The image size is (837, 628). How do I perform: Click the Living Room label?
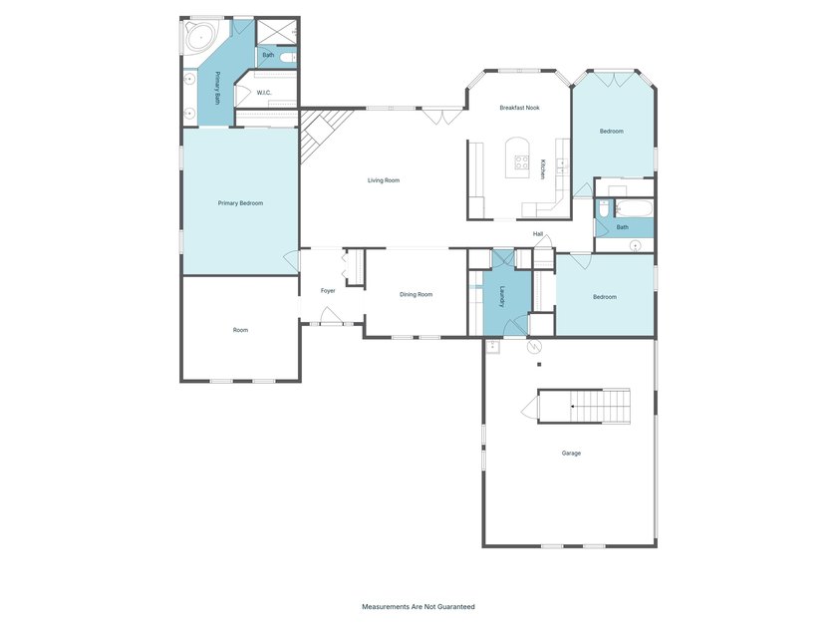(x=384, y=180)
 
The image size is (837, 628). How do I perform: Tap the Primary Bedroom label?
(x=240, y=203)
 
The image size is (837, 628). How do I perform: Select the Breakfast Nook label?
(x=519, y=108)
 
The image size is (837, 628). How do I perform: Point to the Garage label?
(x=571, y=454)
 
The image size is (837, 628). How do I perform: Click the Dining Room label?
(x=416, y=295)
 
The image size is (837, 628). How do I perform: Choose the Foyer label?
(x=328, y=291)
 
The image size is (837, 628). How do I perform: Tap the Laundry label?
(x=502, y=297)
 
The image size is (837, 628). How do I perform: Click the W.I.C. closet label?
(x=264, y=93)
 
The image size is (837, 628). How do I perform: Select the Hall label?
(x=538, y=234)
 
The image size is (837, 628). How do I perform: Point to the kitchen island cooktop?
(x=521, y=161)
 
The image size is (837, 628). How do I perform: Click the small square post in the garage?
(x=539, y=365)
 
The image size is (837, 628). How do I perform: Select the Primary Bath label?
(x=217, y=88)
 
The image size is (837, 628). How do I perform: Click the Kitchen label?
(x=542, y=169)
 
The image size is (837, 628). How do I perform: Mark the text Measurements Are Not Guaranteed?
(x=418, y=607)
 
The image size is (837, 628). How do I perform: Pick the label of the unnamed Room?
(x=240, y=330)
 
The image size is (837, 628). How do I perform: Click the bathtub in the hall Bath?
(x=634, y=208)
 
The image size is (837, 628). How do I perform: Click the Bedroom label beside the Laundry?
(x=605, y=297)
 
